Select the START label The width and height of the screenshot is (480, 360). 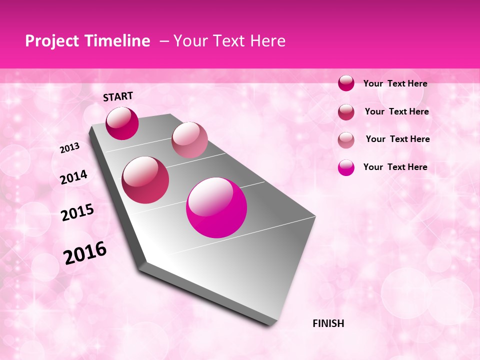[118, 96]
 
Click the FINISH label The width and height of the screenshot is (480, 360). [328, 323]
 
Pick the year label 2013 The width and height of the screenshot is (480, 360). [69, 148]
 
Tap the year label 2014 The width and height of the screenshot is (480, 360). [73, 177]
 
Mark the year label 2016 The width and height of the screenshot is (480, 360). [85, 252]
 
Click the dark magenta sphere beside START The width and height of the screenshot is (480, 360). [122, 123]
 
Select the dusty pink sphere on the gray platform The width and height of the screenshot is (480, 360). [189, 140]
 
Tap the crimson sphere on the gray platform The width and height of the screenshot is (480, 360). [145, 180]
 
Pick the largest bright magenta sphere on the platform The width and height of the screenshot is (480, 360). [216, 207]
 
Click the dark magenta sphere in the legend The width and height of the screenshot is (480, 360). [346, 83]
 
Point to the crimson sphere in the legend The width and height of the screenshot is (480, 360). [346, 112]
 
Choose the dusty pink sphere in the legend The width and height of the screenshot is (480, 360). [346, 140]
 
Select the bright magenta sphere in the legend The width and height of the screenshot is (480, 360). [346, 167]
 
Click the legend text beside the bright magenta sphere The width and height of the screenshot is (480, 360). [395, 167]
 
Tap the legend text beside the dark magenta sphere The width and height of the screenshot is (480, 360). [395, 83]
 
